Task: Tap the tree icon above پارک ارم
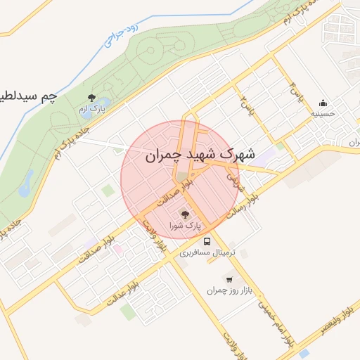(91, 97)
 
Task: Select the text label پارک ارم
(91, 109)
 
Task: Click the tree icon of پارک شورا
(185, 214)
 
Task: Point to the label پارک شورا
(185, 226)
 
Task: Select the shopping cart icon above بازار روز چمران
(229, 279)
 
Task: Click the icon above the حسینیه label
(323, 103)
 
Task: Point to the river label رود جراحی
(119, 34)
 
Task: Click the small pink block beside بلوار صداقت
(118, 248)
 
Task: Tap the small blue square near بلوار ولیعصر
(303, 354)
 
